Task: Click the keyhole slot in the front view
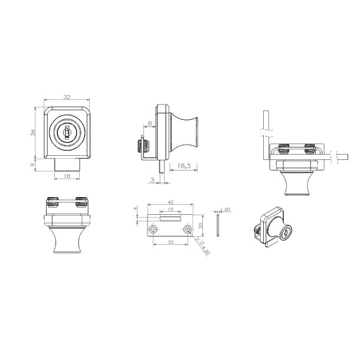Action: coord(67,133)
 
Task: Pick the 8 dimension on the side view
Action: coord(149,124)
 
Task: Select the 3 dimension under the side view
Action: coord(152,179)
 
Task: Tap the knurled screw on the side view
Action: coord(140,145)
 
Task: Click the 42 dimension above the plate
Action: coord(170,201)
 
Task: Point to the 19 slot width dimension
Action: coord(170,210)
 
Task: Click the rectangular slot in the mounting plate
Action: coord(170,217)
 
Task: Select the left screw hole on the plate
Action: coord(153,228)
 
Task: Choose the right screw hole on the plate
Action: coord(187,228)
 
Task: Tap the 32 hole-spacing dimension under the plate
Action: coord(170,241)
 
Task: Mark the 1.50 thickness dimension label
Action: coord(224,209)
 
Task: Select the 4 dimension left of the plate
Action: coord(135,208)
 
